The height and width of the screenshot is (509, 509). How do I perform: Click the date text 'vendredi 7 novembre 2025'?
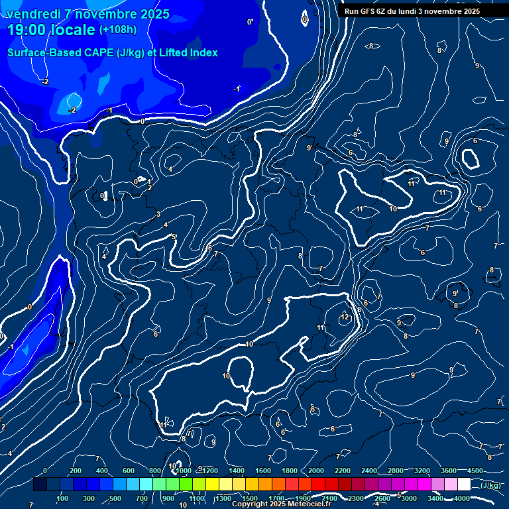coord(88,14)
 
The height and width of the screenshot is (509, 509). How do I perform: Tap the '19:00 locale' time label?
coord(52,30)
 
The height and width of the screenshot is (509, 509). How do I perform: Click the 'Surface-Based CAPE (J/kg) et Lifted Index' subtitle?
coord(113,52)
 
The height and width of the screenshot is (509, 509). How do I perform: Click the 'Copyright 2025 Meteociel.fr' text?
coord(281,504)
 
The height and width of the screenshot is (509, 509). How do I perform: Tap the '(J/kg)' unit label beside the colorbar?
coord(490,486)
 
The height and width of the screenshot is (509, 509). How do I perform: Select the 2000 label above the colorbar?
coord(316,471)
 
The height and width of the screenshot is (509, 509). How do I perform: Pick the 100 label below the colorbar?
coord(63,498)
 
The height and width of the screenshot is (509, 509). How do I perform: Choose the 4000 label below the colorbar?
coord(462,498)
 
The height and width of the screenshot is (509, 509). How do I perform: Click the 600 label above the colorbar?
coord(128,471)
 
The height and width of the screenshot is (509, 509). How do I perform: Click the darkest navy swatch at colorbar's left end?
coord(40,485)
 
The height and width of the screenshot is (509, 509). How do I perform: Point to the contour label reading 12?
coord(345,317)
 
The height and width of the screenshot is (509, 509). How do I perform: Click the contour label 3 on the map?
coord(158,213)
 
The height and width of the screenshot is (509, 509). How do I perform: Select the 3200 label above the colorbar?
coord(422,471)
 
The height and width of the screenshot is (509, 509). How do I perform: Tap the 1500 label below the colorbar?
coord(249,498)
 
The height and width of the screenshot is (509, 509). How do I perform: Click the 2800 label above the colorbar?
coord(396,471)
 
